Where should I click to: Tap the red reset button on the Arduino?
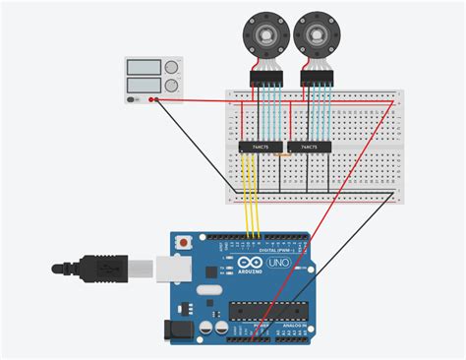(182, 241)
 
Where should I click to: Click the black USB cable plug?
(98, 267)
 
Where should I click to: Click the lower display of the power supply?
(144, 85)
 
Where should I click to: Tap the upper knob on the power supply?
(173, 68)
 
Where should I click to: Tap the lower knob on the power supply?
(173, 85)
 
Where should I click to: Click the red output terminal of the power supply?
(155, 98)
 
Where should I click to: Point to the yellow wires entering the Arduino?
(253, 211)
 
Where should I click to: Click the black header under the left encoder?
(265, 77)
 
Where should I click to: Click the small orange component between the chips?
(282, 153)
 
